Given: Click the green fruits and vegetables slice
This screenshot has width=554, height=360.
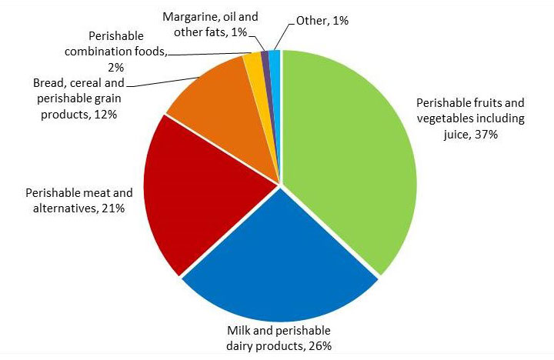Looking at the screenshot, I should pyautogui.click(x=346, y=154).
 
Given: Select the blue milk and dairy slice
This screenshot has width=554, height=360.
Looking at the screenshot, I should pyautogui.click(x=277, y=262).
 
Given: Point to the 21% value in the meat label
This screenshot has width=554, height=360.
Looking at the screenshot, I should pyautogui.click(x=112, y=207).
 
